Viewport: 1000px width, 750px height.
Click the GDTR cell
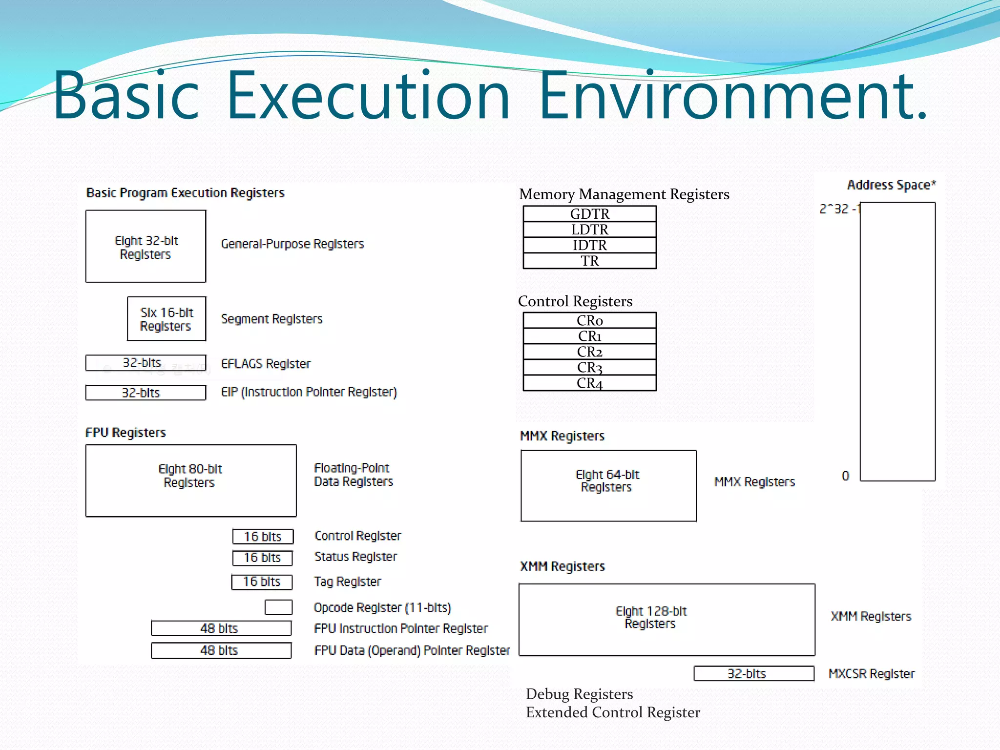coord(589,214)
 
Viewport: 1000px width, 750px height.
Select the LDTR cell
coord(589,229)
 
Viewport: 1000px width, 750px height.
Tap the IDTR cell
coord(589,245)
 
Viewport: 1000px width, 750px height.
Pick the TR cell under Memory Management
coord(589,261)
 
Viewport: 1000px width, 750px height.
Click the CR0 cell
coord(589,320)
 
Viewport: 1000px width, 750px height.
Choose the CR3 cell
coord(589,367)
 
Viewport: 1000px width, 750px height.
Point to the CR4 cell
coord(589,383)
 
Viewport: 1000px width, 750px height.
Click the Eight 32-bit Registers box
coord(146,246)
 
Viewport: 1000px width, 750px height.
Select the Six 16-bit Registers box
coord(167,319)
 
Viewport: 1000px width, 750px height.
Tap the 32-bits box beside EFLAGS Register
coord(146,363)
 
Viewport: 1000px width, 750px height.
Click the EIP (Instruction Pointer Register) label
coord(309,392)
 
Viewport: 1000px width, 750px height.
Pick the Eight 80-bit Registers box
coord(191,480)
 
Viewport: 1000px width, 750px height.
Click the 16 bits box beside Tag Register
coord(262,582)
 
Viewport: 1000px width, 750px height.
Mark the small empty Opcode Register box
coord(278,607)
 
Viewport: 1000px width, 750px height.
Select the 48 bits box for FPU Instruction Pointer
coord(221,628)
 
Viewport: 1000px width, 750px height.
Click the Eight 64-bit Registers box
coord(608,486)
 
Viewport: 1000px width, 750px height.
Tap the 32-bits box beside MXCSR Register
coord(754,673)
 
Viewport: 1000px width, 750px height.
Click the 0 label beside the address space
coord(845,476)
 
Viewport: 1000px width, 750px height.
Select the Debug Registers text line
coord(579,694)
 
